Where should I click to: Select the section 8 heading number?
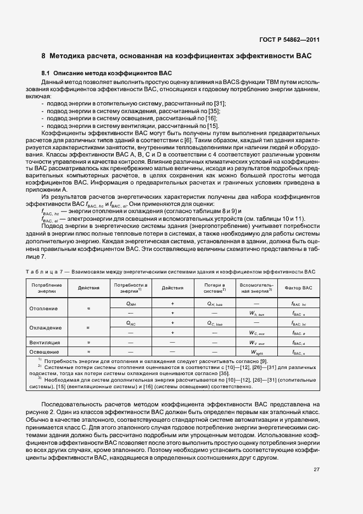43,56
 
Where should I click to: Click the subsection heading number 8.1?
46,72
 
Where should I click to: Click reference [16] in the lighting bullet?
211,118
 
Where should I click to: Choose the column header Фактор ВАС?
298,288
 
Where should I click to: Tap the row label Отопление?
43,308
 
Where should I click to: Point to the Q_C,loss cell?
214,323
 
